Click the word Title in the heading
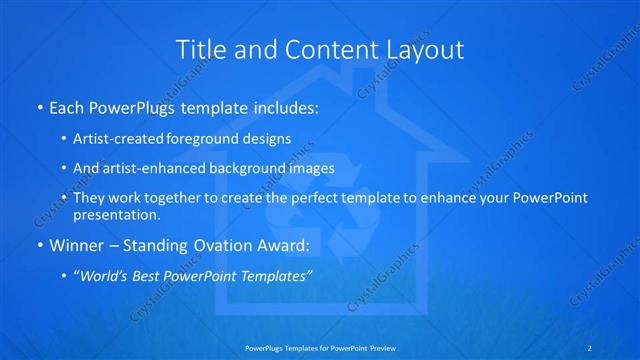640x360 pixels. click(x=200, y=49)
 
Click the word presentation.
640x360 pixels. click(x=116, y=214)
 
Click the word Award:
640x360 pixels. click(x=284, y=245)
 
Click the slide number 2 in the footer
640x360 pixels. click(x=589, y=347)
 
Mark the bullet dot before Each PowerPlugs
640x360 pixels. click(x=40, y=107)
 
